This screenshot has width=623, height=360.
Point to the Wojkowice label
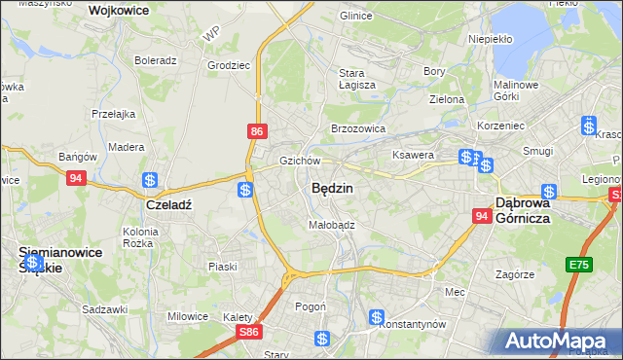tap(118, 10)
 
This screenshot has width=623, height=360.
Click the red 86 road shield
tap(256, 131)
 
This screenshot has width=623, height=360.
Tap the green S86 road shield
tap(250, 332)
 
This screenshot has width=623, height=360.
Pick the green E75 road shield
tap(581, 265)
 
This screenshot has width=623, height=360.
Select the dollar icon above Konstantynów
tap(377, 317)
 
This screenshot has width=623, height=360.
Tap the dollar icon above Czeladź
tap(150, 180)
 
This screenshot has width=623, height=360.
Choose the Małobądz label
tap(332, 224)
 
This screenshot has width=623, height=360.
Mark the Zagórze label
tap(515, 274)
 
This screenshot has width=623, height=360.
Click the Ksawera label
tap(412, 155)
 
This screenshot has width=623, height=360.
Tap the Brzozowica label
tap(358, 127)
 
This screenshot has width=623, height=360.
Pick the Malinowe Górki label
tap(517, 90)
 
